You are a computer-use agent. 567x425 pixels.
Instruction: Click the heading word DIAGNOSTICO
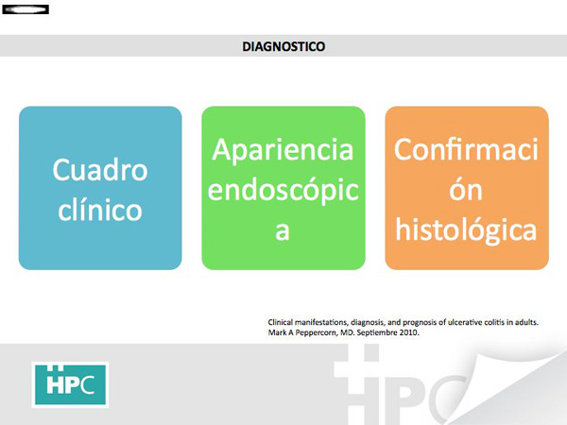coord(283,46)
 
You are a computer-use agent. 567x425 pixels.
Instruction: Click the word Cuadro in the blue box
coord(100,170)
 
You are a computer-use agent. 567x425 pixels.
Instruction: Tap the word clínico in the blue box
coord(100,210)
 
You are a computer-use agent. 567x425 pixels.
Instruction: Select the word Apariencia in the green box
coord(283,150)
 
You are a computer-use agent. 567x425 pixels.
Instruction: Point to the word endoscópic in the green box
coord(283,191)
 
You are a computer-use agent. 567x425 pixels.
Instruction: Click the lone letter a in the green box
coord(283,231)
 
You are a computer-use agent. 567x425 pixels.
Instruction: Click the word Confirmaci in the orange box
coord(467,149)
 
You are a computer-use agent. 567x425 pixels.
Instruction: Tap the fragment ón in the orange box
coord(466,190)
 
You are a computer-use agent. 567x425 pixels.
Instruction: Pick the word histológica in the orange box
coord(466,230)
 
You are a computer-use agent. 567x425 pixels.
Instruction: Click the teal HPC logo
coord(71,385)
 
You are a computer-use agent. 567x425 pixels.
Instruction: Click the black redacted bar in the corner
coord(26,9)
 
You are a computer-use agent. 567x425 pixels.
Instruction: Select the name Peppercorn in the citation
coord(316,332)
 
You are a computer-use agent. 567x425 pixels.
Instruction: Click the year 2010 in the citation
coord(409,332)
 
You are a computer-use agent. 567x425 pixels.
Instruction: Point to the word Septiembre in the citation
coord(377,332)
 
